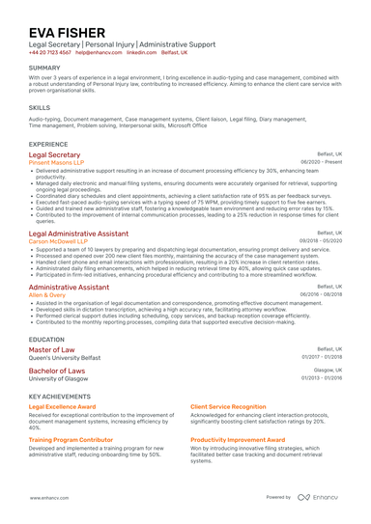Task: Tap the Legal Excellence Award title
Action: (x=62, y=407)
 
